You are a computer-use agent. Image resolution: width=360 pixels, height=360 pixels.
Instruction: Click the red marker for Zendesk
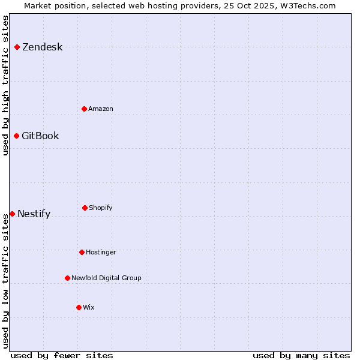pyautogui.click(x=17, y=47)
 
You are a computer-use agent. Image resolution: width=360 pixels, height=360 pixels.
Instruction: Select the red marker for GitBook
pyautogui.click(x=16, y=136)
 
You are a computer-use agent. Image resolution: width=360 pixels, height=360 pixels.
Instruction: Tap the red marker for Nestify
pyautogui.click(x=12, y=214)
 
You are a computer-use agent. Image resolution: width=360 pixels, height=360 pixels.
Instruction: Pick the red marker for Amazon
pyautogui.click(x=84, y=109)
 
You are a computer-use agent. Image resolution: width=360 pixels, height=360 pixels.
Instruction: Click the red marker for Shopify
pyautogui.click(x=85, y=208)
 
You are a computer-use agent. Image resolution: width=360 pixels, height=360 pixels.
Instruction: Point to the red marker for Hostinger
pyautogui.click(x=82, y=252)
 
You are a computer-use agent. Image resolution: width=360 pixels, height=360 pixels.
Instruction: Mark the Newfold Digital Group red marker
pyautogui.click(x=67, y=278)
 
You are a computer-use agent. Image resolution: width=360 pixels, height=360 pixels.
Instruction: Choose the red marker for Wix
pyautogui.click(x=79, y=307)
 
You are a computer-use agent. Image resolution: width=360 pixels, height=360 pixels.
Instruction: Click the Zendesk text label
pyautogui.click(x=42, y=47)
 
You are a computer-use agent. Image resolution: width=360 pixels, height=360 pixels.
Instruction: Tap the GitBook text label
pyautogui.click(x=40, y=136)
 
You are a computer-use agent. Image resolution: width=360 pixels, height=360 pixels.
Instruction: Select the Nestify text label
pyautogui.click(x=34, y=214)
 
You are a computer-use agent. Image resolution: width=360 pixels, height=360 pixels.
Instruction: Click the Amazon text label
pyautogui.click(x=101, y=109)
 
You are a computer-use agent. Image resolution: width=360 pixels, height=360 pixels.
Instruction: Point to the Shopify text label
pyautogui.click(x=101, y=208)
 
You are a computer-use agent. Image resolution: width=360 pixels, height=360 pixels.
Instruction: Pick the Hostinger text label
pyautogui.click(x=101, y=253)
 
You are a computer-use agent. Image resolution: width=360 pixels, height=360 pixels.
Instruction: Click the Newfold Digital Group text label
pyautogui.click(x=106, y=278)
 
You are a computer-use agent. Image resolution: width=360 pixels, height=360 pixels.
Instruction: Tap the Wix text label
pyautogui.click(x=89, y=308)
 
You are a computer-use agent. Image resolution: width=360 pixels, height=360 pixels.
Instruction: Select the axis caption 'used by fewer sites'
pyautogui.click(x=62, y=355)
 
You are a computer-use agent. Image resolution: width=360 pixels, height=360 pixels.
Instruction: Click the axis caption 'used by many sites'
pyautogui.click(x=301, y=355)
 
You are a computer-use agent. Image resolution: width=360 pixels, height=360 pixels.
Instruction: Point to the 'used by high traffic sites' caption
pyautogui.click(x=5, y=85)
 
